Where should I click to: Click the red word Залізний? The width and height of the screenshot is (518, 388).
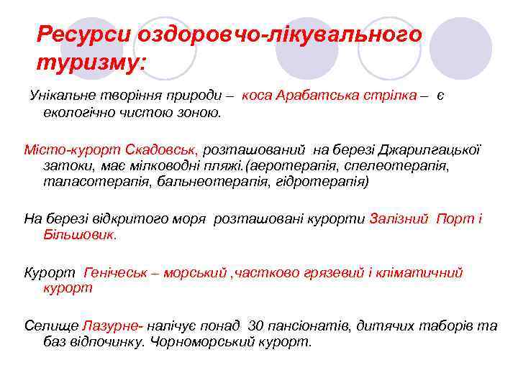[x=399, y=218]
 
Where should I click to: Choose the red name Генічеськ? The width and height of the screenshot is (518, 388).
[x=119, y=272]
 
